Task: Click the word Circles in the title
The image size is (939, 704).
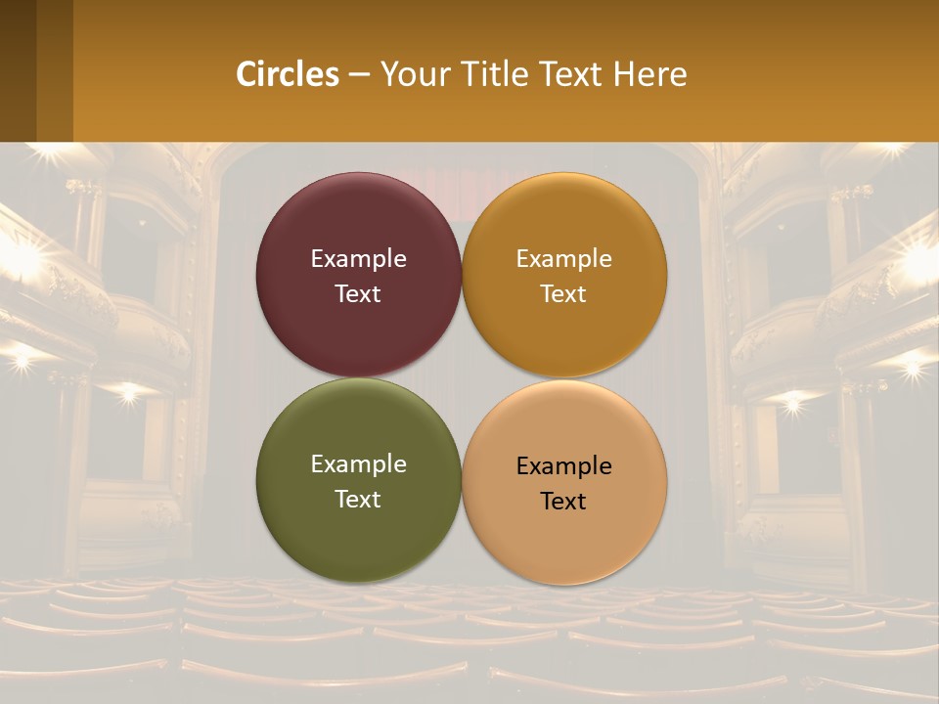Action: pos(288,74)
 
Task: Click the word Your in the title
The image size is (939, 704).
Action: pos(416,74)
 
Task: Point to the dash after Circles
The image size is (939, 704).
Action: pos(359,74)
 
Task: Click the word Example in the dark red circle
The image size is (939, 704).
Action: pos(358,259)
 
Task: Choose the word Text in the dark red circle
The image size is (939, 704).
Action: pos(358,294)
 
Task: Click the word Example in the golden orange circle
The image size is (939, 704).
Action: pos(563,259)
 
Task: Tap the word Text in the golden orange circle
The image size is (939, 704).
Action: pos(563,294)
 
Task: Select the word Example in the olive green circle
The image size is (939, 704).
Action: pos(358,464)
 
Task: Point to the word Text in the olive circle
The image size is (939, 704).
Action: pos(358,500)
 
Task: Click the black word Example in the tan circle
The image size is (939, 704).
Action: pos(563,466)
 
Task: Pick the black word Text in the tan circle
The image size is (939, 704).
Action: pos(563,502)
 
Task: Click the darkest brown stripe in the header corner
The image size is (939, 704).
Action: pos(18,70)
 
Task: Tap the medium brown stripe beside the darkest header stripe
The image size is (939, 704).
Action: pos(55,70)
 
